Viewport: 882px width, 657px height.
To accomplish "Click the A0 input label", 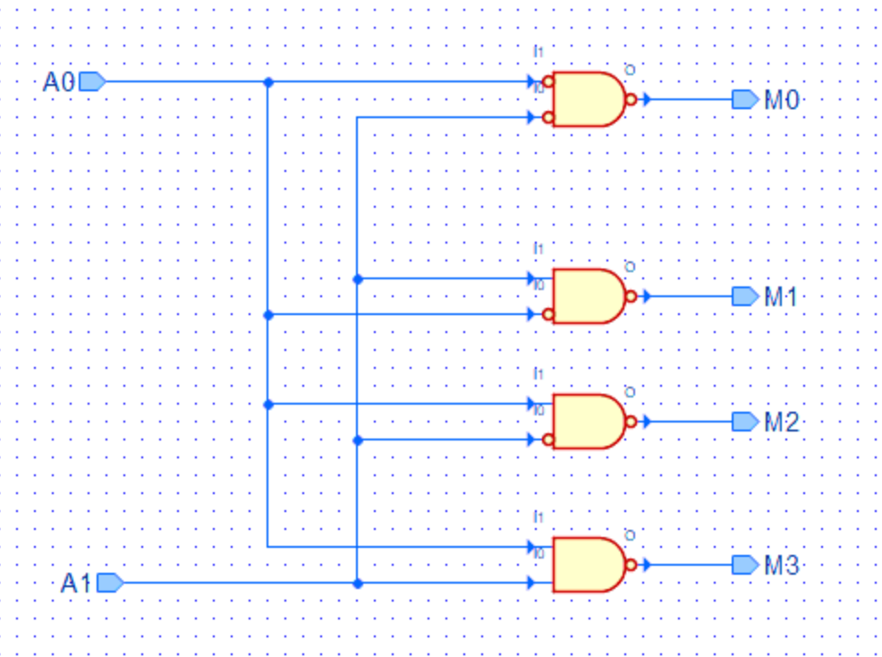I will point(59,82).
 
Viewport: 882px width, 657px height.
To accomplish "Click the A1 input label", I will point(76,584).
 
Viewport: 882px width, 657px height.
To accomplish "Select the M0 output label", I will point(780,99).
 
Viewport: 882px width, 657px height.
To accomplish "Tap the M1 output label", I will point(780,296).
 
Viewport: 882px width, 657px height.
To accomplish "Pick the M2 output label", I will point(780,422).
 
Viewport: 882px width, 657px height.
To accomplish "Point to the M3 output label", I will point(780,565).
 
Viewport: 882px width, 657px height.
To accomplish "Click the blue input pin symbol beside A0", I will point(92,82).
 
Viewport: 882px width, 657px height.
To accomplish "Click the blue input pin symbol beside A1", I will point(109,584).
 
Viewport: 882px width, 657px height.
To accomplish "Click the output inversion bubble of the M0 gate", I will point(631,99).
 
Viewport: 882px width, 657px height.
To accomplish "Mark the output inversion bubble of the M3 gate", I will point(631,565).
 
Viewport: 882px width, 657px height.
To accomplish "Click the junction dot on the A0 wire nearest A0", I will point(268,81).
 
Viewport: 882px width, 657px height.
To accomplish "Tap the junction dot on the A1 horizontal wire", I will point(358,583).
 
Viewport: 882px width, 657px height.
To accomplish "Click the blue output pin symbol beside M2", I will point(744,422).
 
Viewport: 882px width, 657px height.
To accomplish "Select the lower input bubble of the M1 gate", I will point(548,314).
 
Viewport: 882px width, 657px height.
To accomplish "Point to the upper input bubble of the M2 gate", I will point(548,404).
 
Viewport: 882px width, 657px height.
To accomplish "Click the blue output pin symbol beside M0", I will point(744,99).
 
